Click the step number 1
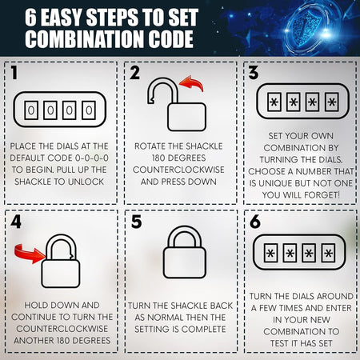coord(14,73)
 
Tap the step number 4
coord(16,222)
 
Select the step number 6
coord(255,222)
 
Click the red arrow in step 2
coord(192,83)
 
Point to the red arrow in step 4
coord(30,254)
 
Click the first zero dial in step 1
coord(31,110)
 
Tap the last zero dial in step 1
coord(89,110)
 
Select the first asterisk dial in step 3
coord(274,102)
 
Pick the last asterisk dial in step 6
coord(328,253)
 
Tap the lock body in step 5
coord(185,262)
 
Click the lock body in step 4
coord(61,274)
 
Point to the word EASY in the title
coord(61,18)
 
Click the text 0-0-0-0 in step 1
coord(92,158)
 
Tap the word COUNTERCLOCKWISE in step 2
coord(178,170)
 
